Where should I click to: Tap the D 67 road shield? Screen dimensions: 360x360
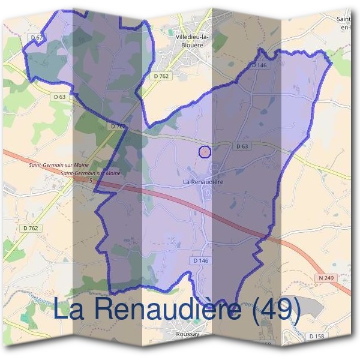click(37, 38)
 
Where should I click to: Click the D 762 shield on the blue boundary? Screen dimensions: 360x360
click(118, 127)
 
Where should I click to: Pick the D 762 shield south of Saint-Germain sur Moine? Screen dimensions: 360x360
click(30, 228)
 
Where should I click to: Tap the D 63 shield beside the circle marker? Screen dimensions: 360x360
click(242, 146)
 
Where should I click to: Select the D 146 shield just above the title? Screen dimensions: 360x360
click(200, 261)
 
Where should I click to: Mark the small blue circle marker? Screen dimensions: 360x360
click(205, 152)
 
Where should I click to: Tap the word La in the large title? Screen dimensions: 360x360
click(68, 310)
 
